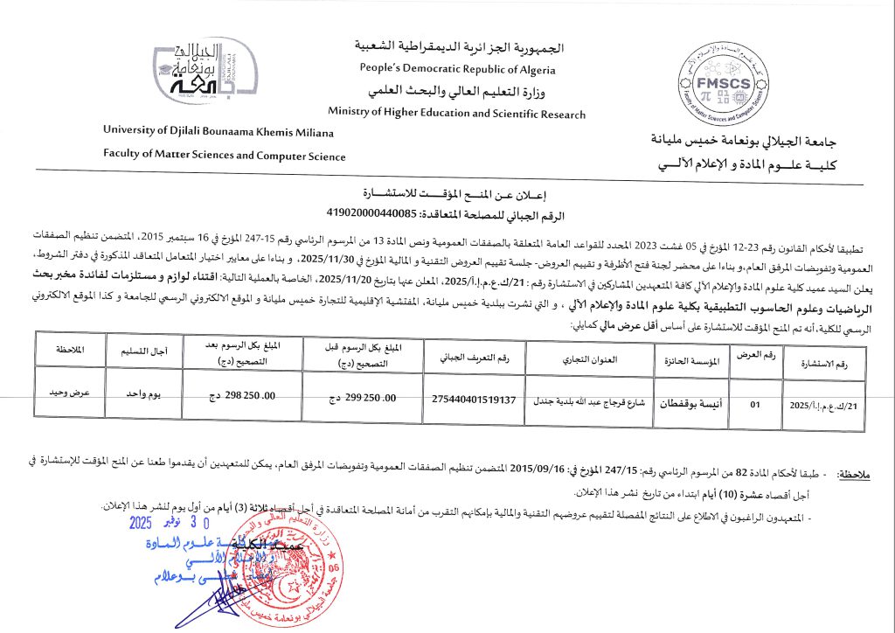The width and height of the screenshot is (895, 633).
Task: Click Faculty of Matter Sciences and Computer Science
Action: (224, 156)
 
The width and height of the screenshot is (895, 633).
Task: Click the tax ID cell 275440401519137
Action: (474, 400)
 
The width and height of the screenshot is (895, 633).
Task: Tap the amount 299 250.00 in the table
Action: (353, 398)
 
